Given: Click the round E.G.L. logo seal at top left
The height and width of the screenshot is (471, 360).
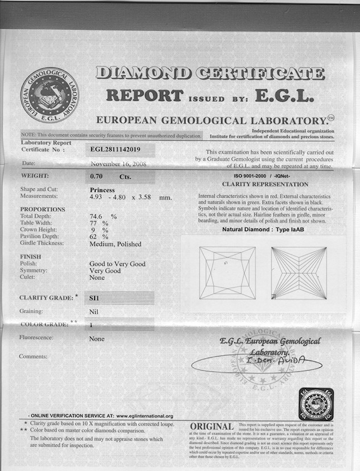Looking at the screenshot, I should [x=49, y=95].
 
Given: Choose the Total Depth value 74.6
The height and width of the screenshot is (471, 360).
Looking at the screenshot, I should [x=99, y=216].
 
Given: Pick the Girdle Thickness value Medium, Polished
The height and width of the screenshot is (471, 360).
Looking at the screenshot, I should [x=115, y=244].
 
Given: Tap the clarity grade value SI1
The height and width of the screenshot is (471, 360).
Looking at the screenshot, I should [x=96, y=297].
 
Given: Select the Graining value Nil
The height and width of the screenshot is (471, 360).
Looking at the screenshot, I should [x=95, y=312].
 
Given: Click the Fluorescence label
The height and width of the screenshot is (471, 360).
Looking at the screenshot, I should [x=36, y=338].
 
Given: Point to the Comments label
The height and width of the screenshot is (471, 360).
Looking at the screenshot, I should [x=33, y=357].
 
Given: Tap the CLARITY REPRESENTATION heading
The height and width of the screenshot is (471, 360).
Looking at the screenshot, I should [x=265, y=185].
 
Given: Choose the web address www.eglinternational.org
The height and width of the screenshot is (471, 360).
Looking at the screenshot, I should [x=144, y=416].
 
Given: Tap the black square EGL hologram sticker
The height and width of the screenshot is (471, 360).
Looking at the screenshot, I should [x=316, y=404].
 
